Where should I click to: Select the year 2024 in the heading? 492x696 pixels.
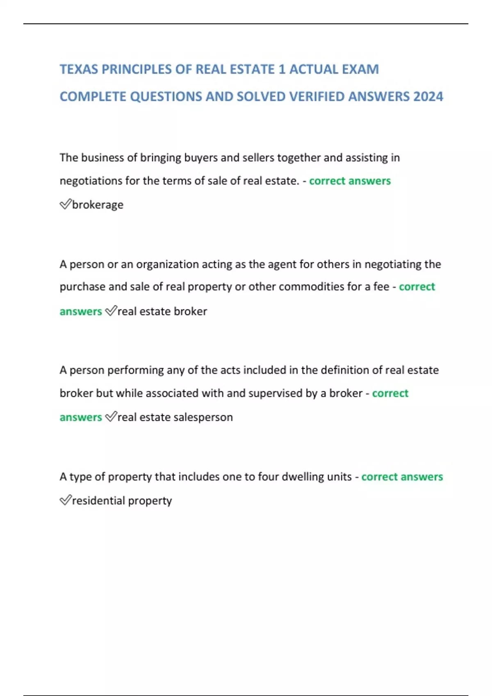pos(428,97)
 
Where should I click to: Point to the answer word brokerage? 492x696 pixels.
pos(98,205)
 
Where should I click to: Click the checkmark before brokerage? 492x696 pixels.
pos(66,204)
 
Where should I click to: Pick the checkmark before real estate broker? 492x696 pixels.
pos(111,311)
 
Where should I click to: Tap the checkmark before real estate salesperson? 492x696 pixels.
pos(111,417)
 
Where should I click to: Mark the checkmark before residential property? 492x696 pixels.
pos(66,500)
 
